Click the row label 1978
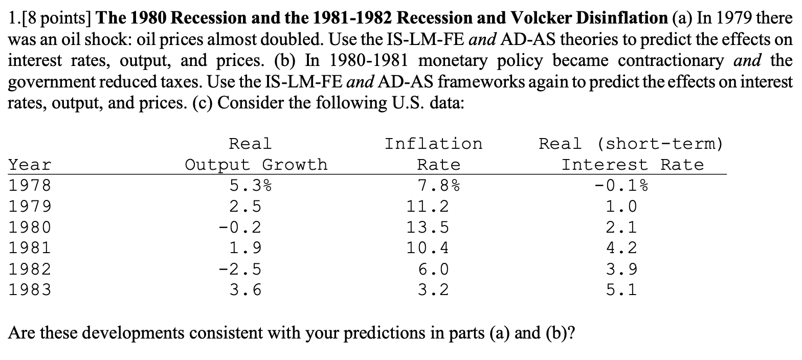[x=30, y=186]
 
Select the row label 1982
[x=30, y=269]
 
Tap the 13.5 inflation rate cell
[x=428, y=228]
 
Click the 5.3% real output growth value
[x=250, y=186]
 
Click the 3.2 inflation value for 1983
[x=433, y=290]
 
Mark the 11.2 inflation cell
[x=428, y=207]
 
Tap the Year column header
[x=30, y=165]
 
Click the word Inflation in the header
[x=433, y=144]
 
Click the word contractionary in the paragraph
[x=671, y=60]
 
